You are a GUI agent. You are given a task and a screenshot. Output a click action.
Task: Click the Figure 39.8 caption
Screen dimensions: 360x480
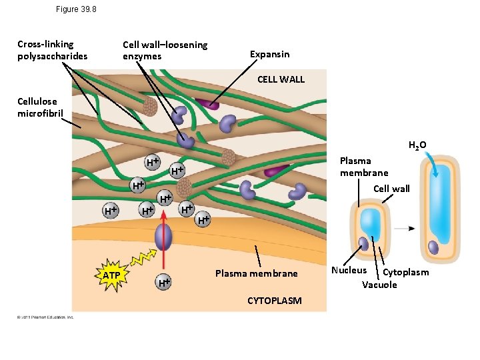pyautogui.click(x=77, y=9)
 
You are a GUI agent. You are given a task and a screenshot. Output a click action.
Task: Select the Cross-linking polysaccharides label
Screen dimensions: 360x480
pyautogui.click(x=52, y=50)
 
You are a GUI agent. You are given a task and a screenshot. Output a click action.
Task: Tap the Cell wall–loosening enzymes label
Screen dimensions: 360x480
pyautogui.click(x=165, y=50)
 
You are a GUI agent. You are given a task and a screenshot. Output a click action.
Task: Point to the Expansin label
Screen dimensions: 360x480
pyautogui.click(x=269, y=54)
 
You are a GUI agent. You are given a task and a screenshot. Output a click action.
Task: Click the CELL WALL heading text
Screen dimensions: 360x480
pyautogui.click(x=281, y=79)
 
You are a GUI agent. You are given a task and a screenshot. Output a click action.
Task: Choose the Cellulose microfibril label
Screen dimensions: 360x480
pyautogui.click(x=40, y=107)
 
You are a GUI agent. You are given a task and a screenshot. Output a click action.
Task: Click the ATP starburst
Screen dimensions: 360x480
pyautogui.click(x=111, y=275)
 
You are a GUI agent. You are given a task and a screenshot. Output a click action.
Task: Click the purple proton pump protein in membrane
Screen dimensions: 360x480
pyautogui.click(x=163, y=237)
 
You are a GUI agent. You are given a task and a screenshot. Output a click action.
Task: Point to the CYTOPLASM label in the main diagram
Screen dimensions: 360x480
pyautogui.click(x=274, y=301)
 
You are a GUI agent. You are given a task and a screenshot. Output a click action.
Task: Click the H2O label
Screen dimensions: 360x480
pyautogui.click(x=417, y=145)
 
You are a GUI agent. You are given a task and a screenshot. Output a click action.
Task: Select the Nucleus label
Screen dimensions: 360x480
pyautogui.click(x=349, y=270)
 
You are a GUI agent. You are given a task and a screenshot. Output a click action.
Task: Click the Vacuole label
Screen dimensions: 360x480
pyautogui.click(x=379, y=285)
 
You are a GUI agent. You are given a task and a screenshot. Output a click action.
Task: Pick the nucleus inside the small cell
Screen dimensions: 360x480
pyautogui.click(x=364, y=243)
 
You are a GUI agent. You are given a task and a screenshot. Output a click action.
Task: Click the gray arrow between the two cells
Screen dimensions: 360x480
pyautogui.click(x=403, y=228)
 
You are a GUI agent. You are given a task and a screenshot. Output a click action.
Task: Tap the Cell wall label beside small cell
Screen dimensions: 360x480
pyautogui.click(x=391, y=189)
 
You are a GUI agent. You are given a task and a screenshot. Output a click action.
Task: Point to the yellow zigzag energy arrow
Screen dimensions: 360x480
pyautogui.click(x=140, y=260)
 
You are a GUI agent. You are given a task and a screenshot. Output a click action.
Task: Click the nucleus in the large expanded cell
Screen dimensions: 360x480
pyautogui.click(x=433, y=247)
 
